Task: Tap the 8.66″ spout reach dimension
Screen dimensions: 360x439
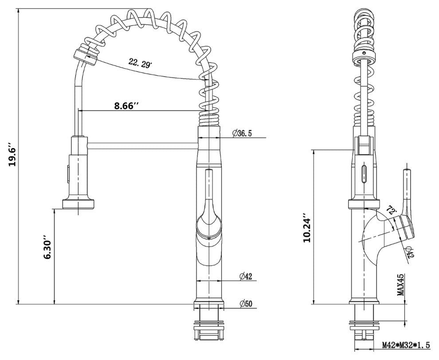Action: (126, 106)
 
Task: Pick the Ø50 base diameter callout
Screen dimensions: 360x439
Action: (245, 304)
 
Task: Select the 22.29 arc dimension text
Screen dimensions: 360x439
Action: (140, 63)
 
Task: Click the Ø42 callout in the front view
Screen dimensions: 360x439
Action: (245, 277)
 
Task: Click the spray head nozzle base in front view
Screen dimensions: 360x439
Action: (78, 203)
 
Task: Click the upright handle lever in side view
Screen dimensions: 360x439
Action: (406, 191)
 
